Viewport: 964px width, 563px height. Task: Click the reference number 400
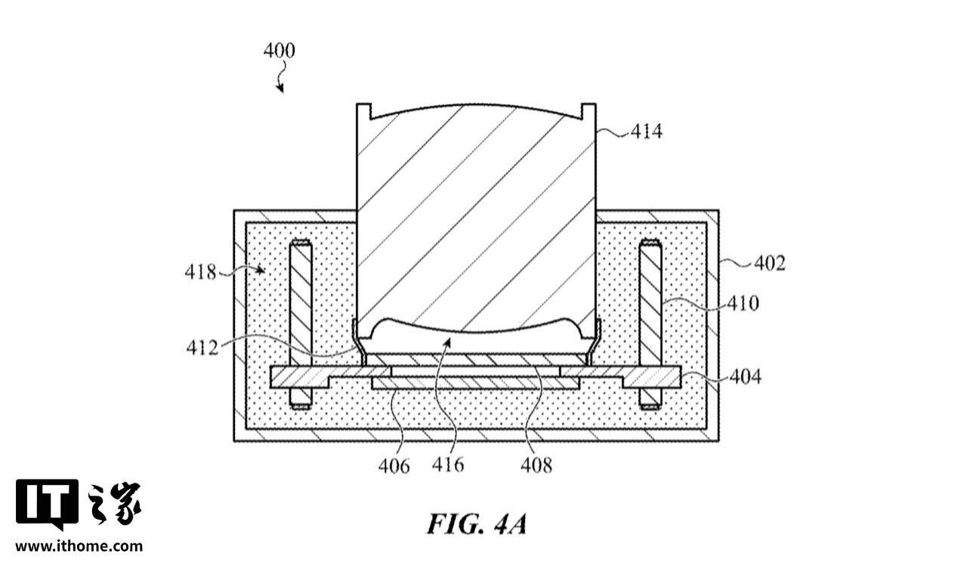280,51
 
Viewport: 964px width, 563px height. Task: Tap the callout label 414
647,131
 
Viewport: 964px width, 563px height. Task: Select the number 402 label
770,263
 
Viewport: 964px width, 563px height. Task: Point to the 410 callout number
743,304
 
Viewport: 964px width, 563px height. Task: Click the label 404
746,377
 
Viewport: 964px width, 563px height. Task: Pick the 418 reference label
200,273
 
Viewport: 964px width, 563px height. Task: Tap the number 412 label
202,348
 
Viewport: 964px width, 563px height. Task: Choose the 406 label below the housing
394,466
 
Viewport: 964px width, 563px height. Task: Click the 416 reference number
448,465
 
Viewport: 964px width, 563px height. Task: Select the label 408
536,466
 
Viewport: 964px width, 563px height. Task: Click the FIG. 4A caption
477,524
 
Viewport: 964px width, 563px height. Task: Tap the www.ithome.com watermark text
79,546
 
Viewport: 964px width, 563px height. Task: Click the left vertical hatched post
301,324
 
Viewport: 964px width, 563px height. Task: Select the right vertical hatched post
650,324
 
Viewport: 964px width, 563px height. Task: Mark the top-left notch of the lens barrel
364,110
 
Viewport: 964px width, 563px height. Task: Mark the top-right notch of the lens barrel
589,110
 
